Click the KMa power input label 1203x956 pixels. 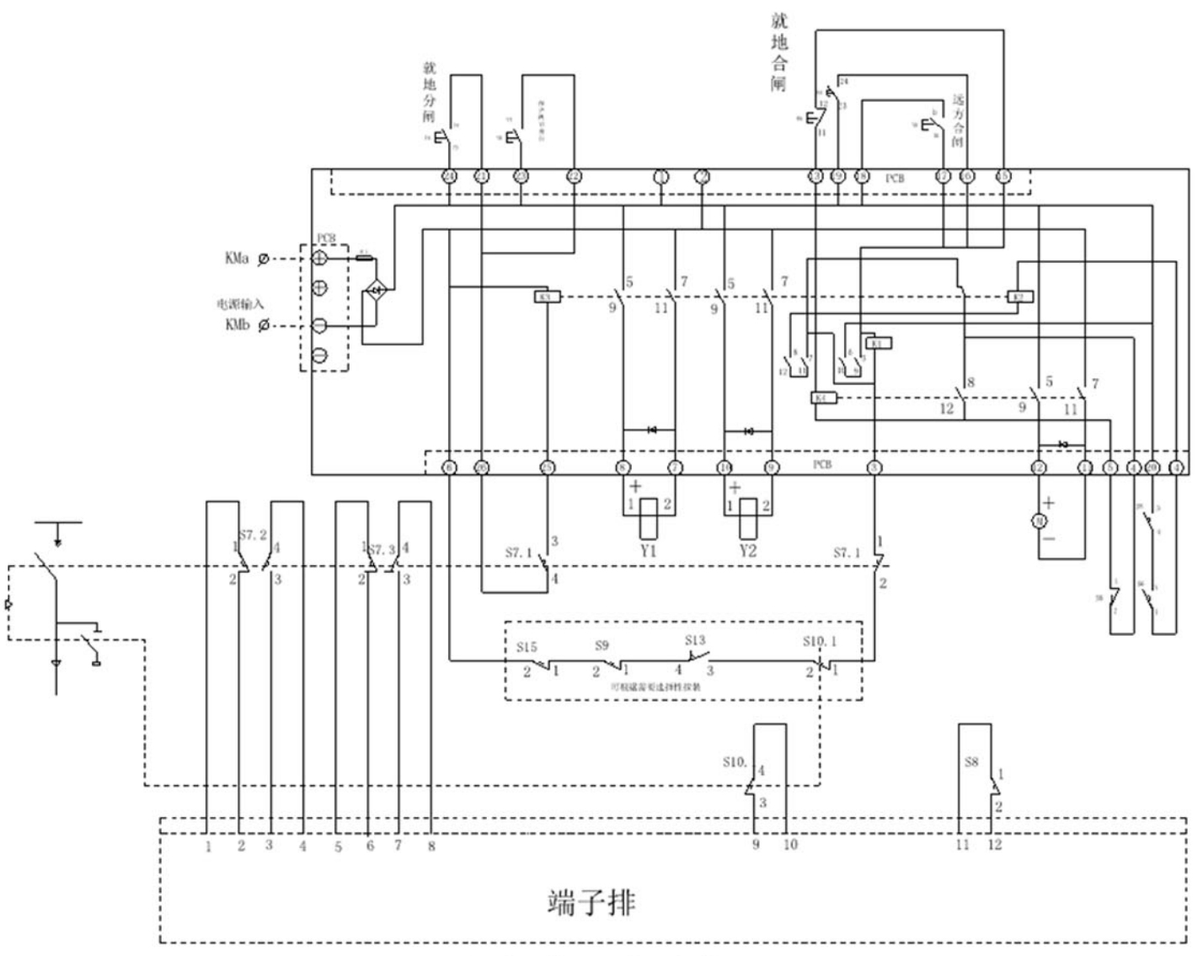pos(237,259)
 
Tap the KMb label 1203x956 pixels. pos(237,325)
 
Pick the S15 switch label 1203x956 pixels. pos(527,648)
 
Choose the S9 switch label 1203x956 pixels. pos(601,646)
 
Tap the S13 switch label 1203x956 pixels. pos(695,640)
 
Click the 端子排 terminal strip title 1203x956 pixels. pos(591,903)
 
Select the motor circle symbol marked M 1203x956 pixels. pos(1038,522)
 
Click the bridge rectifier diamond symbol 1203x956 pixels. pos(377,291)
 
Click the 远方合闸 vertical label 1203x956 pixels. pos(959,120)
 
